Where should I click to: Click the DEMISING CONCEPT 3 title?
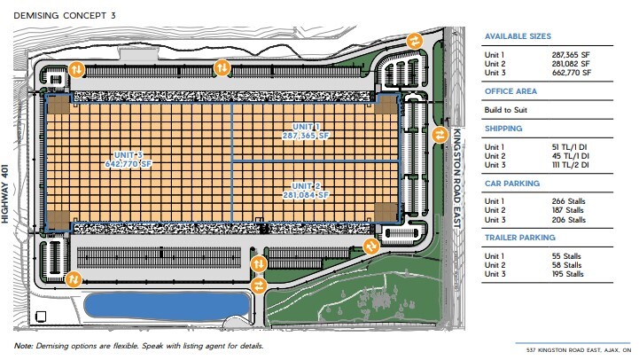coord(65,15)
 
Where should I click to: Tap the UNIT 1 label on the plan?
coord(306,127)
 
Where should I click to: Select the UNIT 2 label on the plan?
coord(306,186)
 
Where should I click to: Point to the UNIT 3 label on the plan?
coord(129,155)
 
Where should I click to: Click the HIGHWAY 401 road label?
coord(5,193)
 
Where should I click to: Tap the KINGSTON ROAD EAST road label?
coord(457,178)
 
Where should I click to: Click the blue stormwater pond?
coord(167,306)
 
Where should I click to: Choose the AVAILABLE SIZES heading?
coord(518,36)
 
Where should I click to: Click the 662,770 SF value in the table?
coord(572,73)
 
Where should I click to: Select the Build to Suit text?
coord(506,110)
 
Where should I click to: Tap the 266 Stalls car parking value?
coord(568,201)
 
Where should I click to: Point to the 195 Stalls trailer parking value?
coord(568,274)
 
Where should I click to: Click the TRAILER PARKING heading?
coord(520,238)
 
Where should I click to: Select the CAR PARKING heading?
coord(512,184)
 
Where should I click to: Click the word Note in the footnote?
coord(23,346)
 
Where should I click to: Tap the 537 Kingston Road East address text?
coord(579,350)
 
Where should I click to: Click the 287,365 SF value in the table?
coord(571,55)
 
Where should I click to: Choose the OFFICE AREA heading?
coord(510,91)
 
